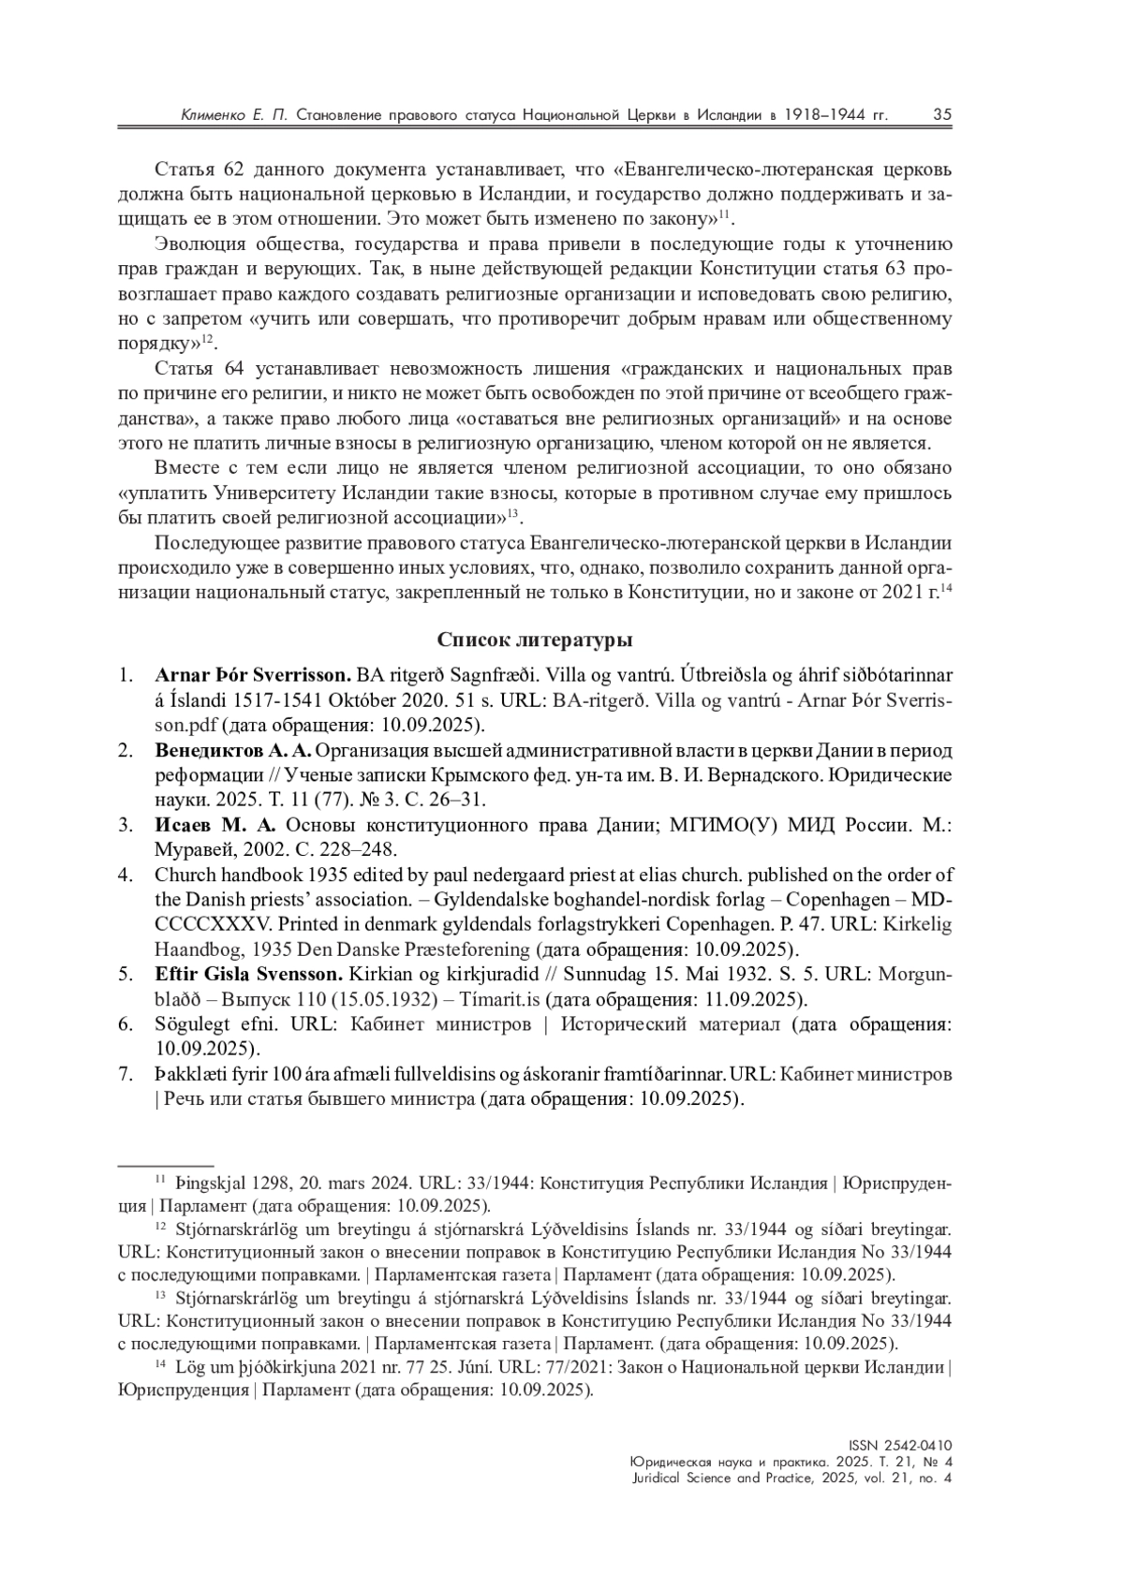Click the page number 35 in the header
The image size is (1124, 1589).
[x=942, y=114]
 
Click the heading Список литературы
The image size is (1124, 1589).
[x=535, y=640]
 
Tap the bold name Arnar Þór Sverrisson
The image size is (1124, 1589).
[x=253, y=675]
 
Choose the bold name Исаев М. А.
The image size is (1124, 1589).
[x=215, y=825]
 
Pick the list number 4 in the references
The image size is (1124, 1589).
[x=125, y=875]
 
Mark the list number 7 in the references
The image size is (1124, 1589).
[x=125, y=1073]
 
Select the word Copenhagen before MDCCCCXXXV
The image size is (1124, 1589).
[x=847, y=900]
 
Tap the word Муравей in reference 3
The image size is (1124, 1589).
[x=187, y=850]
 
